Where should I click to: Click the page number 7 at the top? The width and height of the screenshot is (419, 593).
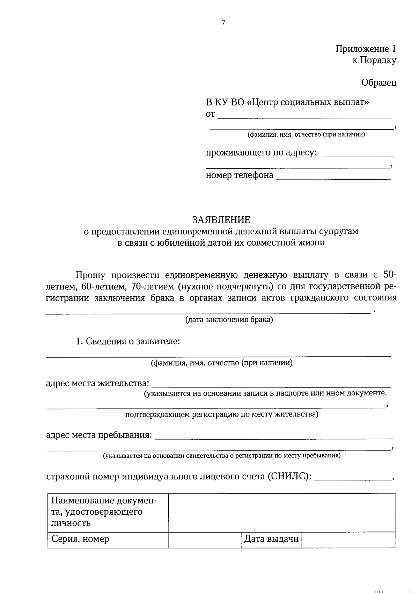223,23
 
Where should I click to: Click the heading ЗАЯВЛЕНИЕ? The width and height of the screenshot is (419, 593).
221,220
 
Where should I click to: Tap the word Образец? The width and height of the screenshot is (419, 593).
379,83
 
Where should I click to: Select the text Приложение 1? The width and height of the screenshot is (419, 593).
366,49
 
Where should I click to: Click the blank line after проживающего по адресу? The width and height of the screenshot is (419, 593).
357,155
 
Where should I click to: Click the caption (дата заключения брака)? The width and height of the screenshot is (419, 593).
229,319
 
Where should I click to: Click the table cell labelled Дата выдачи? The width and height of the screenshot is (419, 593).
271,539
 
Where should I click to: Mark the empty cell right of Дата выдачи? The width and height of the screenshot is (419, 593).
348,539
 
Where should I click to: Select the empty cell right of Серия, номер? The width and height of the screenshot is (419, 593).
205,539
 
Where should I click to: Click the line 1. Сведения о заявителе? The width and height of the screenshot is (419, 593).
128,341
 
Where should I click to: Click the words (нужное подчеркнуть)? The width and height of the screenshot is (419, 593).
225,287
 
